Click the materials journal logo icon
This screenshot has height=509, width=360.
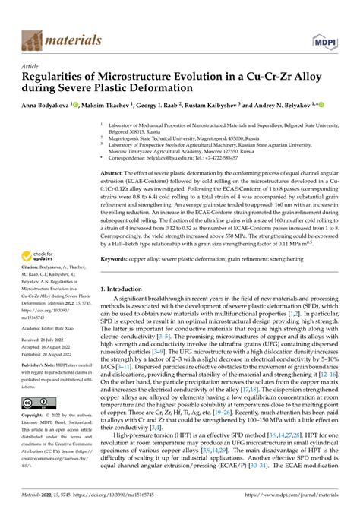pos(33,40)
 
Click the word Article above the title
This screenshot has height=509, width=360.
pos(31,66)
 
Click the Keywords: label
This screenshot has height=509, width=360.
pos(117,258)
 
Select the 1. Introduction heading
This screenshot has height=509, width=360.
pos(125,289)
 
